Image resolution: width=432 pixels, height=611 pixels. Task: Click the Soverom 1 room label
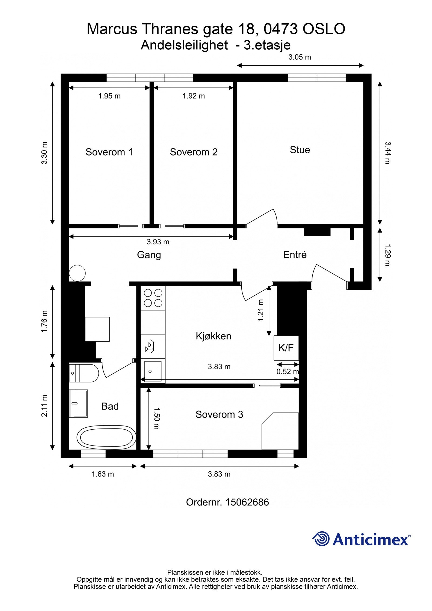coord(109,152)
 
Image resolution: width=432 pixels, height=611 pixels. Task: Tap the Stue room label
coord(300,150)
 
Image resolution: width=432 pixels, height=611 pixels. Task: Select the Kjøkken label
coord(213,336)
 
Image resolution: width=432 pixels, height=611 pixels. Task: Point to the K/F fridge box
coord(286,348)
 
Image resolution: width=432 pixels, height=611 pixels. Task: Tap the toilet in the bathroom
coord(84,373)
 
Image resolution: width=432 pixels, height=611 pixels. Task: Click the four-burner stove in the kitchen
coord(153,298)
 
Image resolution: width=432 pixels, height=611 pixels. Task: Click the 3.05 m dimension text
coord(299,57)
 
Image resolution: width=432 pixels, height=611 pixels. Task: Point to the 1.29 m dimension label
coord(387,255)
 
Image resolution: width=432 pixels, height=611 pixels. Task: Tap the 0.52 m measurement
coord(287,372)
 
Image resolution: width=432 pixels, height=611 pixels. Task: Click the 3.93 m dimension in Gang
coord(158,242)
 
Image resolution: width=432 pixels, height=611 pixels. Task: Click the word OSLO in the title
coord(323,29)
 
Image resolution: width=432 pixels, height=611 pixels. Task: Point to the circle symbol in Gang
coord(77,273)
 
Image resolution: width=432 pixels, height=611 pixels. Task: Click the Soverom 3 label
coord(219,414)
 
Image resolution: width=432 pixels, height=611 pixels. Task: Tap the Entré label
coord(295,255)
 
